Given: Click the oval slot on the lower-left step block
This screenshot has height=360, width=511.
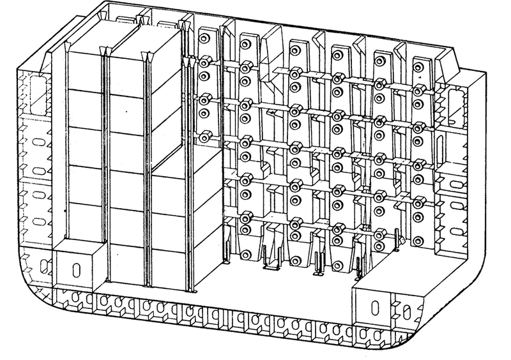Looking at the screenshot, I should click(x=75, y=267).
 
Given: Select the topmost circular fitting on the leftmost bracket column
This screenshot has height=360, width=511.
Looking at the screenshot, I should click(x=204, y=39).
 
